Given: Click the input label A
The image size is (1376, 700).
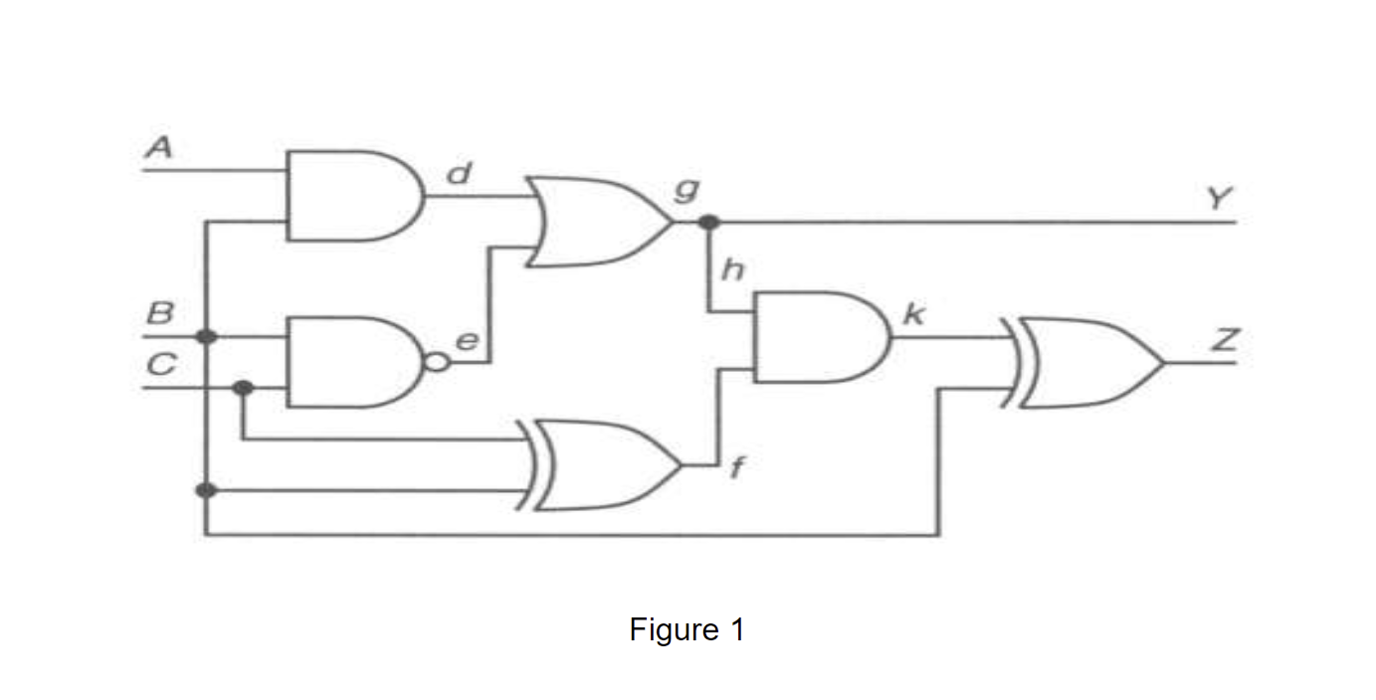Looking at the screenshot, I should [x=158, y=148].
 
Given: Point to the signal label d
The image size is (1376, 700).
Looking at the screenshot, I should [x=458, y=175].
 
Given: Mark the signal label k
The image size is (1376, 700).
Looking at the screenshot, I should [x=912, y=317].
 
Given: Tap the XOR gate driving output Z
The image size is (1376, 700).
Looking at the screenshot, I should [x=1084, y=363].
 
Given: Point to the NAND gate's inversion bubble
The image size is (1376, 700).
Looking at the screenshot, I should [x=435, y=363].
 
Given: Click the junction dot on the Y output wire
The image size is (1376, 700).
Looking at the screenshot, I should [x=708, y=222].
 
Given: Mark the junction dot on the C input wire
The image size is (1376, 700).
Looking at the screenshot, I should [x=242, y=387].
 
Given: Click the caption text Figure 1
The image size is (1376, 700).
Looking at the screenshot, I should [x=687, y=629].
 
